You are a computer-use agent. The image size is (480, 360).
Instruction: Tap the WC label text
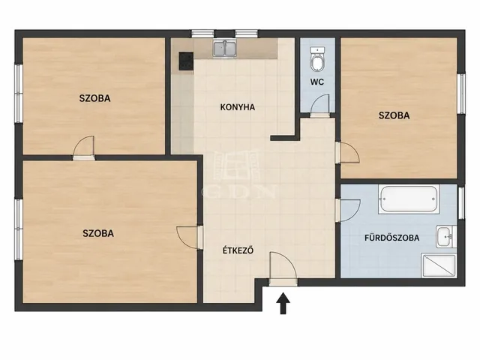pos(316,82)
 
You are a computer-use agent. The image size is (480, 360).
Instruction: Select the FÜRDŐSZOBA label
pos(391,238)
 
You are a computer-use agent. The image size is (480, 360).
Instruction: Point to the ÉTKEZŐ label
pos(238,250)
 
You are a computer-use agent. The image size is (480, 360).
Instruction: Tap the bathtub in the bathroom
pos(409,199)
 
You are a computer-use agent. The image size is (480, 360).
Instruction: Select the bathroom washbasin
pos(446,237)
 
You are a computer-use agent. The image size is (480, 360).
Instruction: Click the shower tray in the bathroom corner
pos(439,265)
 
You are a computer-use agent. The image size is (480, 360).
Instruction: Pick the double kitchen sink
pos(225,49)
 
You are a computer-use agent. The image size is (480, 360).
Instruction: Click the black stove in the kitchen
pos(186,61)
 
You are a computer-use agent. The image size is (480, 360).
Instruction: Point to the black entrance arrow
pos(283,303)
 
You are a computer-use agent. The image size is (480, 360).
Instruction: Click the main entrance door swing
pos(283,265)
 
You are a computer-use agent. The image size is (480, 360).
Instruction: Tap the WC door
pos(320,104)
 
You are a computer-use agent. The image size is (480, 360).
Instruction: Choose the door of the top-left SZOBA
pos(84,146)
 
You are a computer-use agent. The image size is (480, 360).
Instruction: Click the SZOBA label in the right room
pos(394,115)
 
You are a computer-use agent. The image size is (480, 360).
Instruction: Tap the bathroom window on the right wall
pos(461,202)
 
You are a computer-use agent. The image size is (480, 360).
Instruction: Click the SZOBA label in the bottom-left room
pos(98,233)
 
